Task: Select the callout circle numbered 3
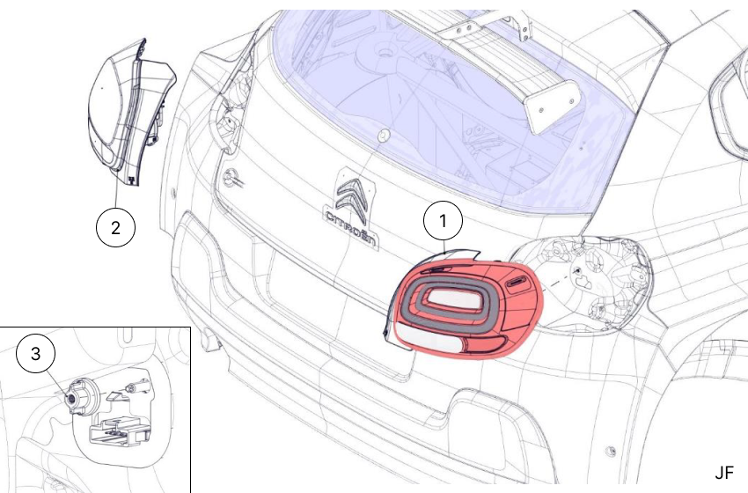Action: click(x=35, y=355)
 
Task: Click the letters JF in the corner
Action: click(x=723, y=473)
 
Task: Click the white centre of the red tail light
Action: click(x=452, y=299)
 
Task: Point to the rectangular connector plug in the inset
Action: click(x=119, y=431)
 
